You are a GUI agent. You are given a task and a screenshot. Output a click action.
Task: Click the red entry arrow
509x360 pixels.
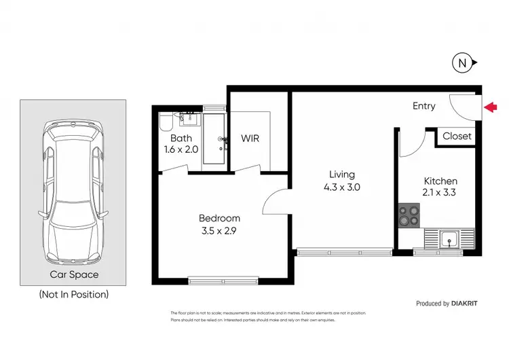pyautogui.click(x=492, y=106)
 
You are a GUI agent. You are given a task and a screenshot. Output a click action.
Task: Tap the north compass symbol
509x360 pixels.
pyautogui.click(x=462, y=64)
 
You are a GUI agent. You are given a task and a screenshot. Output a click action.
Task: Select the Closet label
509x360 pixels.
pyautogui.click(x=456, y=136)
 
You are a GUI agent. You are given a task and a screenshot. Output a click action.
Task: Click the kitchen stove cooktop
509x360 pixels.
pyautogui.click(x=409, y=216)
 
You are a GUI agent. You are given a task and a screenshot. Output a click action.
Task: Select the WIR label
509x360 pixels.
pyautogui.click(x=250, y=139)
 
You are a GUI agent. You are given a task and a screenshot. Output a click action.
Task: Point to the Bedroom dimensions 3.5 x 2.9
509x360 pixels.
pyautogui.click(x=219, y=230)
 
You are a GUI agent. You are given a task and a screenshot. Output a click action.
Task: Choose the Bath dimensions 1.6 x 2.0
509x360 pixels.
pyautogui.click(x=181, y=150)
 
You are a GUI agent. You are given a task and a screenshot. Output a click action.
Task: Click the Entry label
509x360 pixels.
pyautogui.click(x=424, y=106)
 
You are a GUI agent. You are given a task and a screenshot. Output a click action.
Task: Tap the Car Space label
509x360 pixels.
pyautogui.click(x=74, y=275)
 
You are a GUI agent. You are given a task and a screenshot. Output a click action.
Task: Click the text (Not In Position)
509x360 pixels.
pyautogui.click(x=74, y=295)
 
